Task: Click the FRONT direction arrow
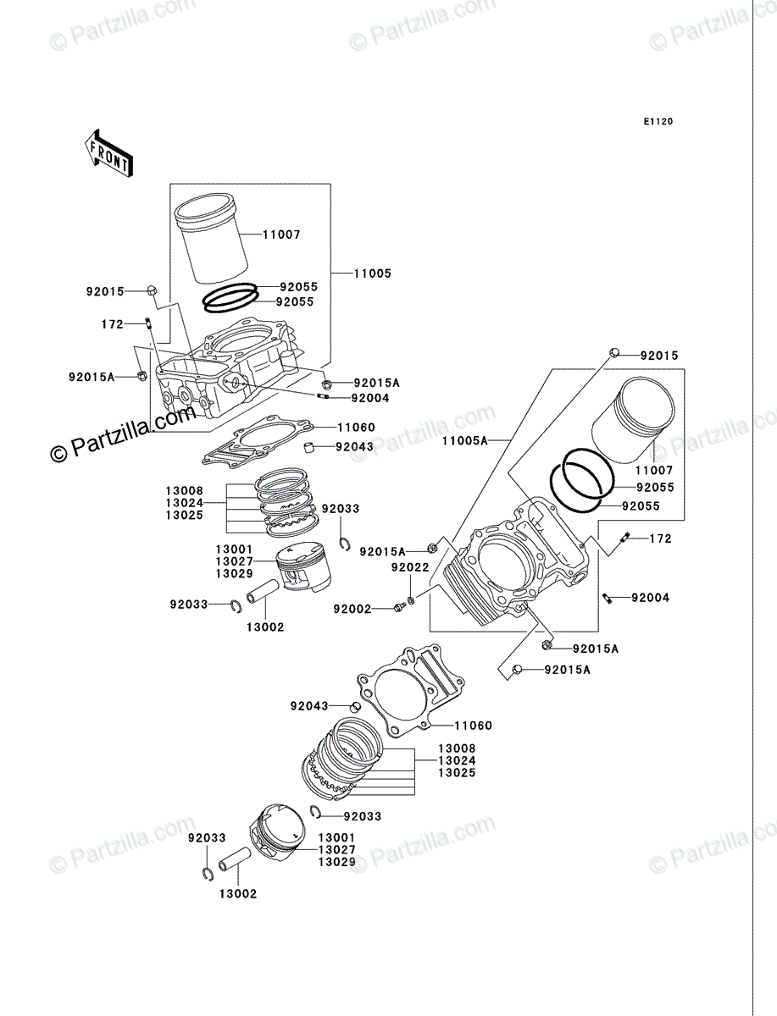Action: [108, 152]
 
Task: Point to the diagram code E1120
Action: [658, 122]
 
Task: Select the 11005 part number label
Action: [373, 273]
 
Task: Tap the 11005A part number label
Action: [465, 440]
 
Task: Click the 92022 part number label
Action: [410, 567]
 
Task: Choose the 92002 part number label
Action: [352, 609]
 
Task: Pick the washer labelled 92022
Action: [410, 601]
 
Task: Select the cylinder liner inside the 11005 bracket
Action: [212, 239]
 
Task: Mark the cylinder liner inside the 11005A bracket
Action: [634, 420]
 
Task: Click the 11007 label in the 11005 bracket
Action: [281, 235]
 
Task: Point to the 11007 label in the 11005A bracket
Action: [654, 470]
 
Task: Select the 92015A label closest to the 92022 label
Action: [382, 551]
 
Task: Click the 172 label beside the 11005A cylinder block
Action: [660, 538]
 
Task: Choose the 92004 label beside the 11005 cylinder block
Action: [370, 398]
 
